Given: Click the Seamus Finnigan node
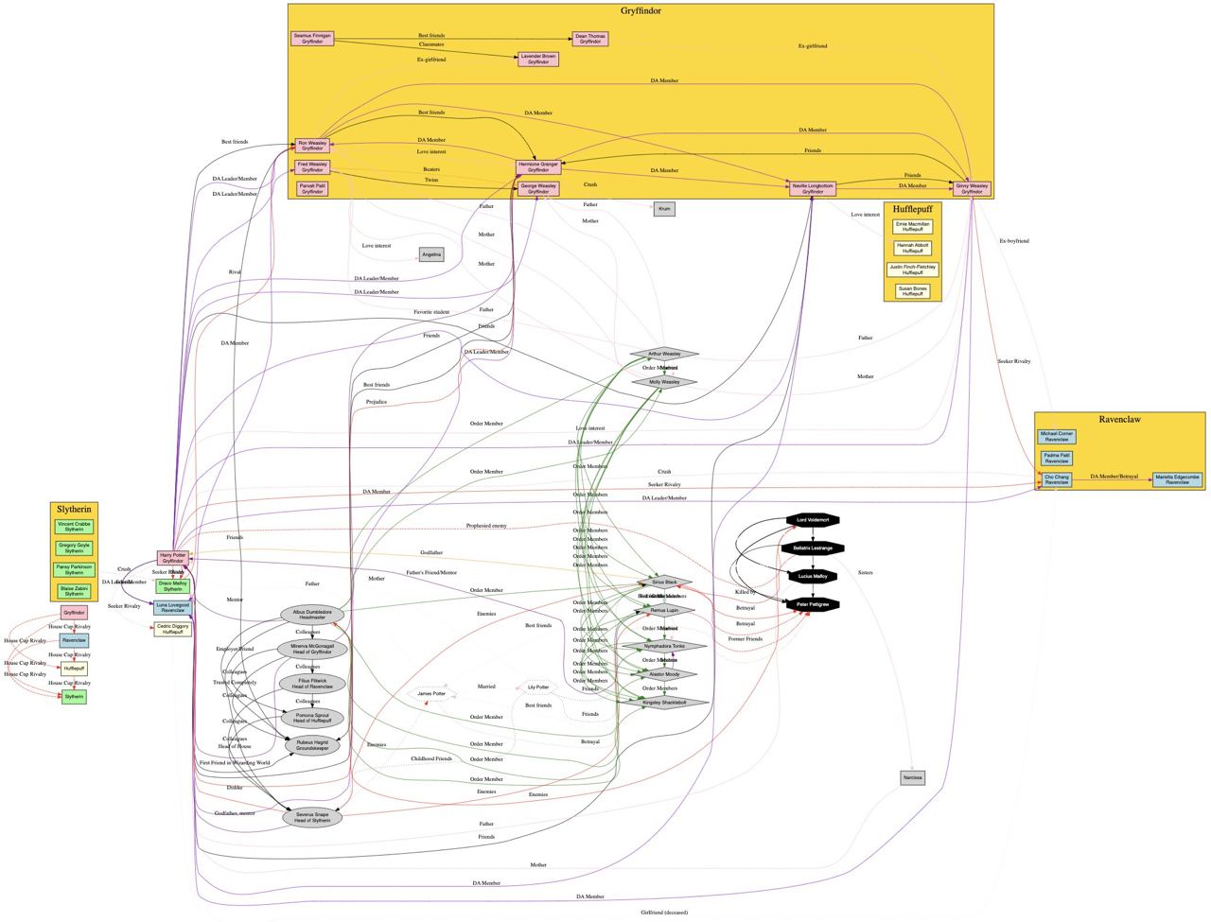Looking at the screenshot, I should (x=312, y=39).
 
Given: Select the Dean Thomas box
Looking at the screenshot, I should (x=590, y=39).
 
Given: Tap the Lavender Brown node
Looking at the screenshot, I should (x=538, y=59).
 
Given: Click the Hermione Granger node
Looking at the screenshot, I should (x=538, y=167).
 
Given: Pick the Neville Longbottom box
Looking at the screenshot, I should (x=813, y=188).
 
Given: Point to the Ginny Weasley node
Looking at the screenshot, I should (x=972, y=188).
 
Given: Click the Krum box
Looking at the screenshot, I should (x=664, y=209).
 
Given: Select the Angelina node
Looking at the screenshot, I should (x=431, y=254).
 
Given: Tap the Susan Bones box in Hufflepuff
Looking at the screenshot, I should (x=911, y=291).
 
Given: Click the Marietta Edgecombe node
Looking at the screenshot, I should (x=1177, y=480).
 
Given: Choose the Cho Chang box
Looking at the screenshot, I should (x=1057, y=480).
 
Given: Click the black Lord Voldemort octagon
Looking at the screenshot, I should (x=813, y=520).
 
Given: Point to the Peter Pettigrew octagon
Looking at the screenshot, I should (x=813, y=603).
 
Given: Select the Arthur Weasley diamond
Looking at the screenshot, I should (x=664, y=354).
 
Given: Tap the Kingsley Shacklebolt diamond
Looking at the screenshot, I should (x=664, y=703).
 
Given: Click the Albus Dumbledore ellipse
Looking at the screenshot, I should (x=312, y=615).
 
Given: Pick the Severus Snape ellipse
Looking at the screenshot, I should (x=312, y=817).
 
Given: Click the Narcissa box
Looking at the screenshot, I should (x=912, y=777).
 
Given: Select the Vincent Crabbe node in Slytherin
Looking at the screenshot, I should (x=74, y=526).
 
